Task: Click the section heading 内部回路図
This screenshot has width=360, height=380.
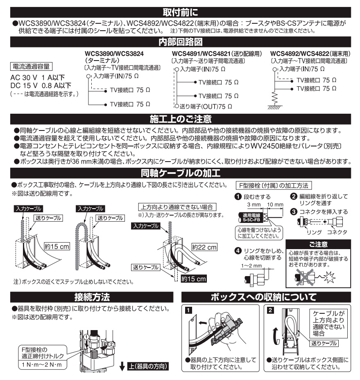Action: [x=180, y=42]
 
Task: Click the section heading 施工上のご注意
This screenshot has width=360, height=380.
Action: [x=180, y=119]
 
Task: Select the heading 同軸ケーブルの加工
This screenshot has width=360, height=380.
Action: [x=180, y=171]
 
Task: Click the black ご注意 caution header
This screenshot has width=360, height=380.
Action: [x=315, y=244]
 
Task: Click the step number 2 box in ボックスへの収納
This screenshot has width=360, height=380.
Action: [x=270, y=310]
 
